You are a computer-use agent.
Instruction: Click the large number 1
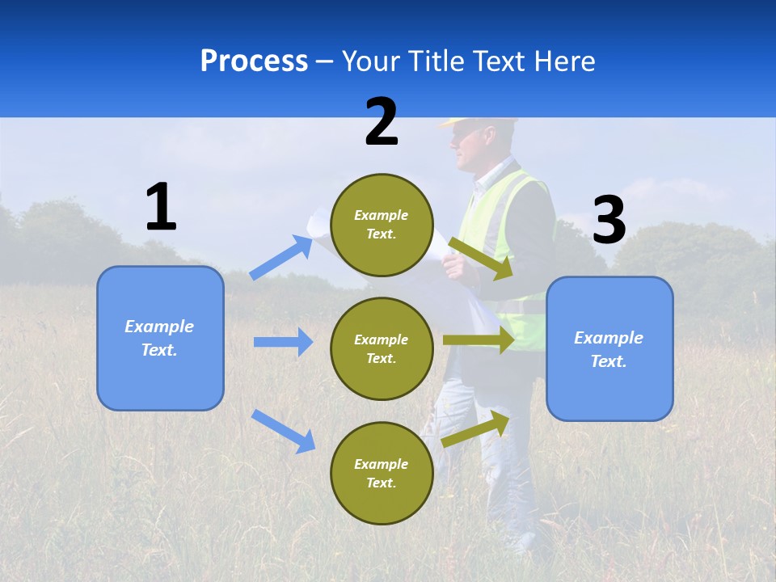pos(161,208)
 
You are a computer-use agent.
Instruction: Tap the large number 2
pos(382,122)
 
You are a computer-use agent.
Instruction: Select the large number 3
pos(609,221)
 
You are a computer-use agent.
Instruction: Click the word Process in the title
pos(254,61)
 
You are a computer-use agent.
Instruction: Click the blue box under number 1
pos(160,338)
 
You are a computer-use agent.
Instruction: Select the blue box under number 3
pos(609,348)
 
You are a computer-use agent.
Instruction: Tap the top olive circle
pos(382,225)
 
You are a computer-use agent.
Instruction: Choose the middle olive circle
pos(382,348)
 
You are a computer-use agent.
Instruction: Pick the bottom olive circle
pos(382,473)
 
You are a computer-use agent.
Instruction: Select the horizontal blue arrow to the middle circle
pos(283,342)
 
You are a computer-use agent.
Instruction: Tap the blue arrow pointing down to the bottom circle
pos(283,431)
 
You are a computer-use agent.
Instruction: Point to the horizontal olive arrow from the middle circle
pos(479,340)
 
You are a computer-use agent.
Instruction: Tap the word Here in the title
pos(563,61)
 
